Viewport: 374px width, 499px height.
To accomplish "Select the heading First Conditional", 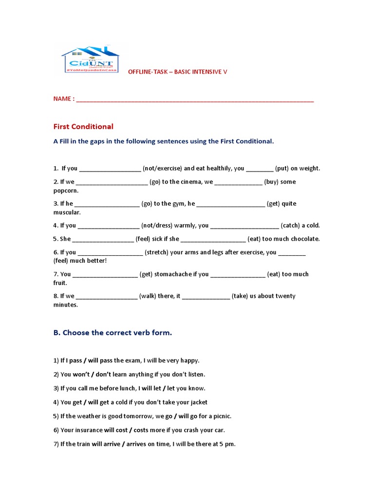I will pyautogui.click(x=83, y=127).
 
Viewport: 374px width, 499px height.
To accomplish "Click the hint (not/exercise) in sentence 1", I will pyautogui.click(x=162, y=169).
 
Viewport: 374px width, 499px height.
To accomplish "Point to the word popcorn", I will pyautogui.click(x=66, y=191).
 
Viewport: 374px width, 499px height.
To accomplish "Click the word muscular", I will pyautogui.click(x=67, y=212).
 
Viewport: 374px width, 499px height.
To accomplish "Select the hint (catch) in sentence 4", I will pyautogui.click(x=292, y=226).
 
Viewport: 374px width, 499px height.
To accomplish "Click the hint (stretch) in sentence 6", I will pyautogui.click(x=157, y=252).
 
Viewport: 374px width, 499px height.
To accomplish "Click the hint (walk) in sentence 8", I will pyautogui.click(x=148, y=296).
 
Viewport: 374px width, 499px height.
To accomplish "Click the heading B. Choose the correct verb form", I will pyautogui.click(x=112, y=333).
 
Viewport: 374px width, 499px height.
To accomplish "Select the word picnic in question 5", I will pyautogui.click(x=222, y=416).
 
